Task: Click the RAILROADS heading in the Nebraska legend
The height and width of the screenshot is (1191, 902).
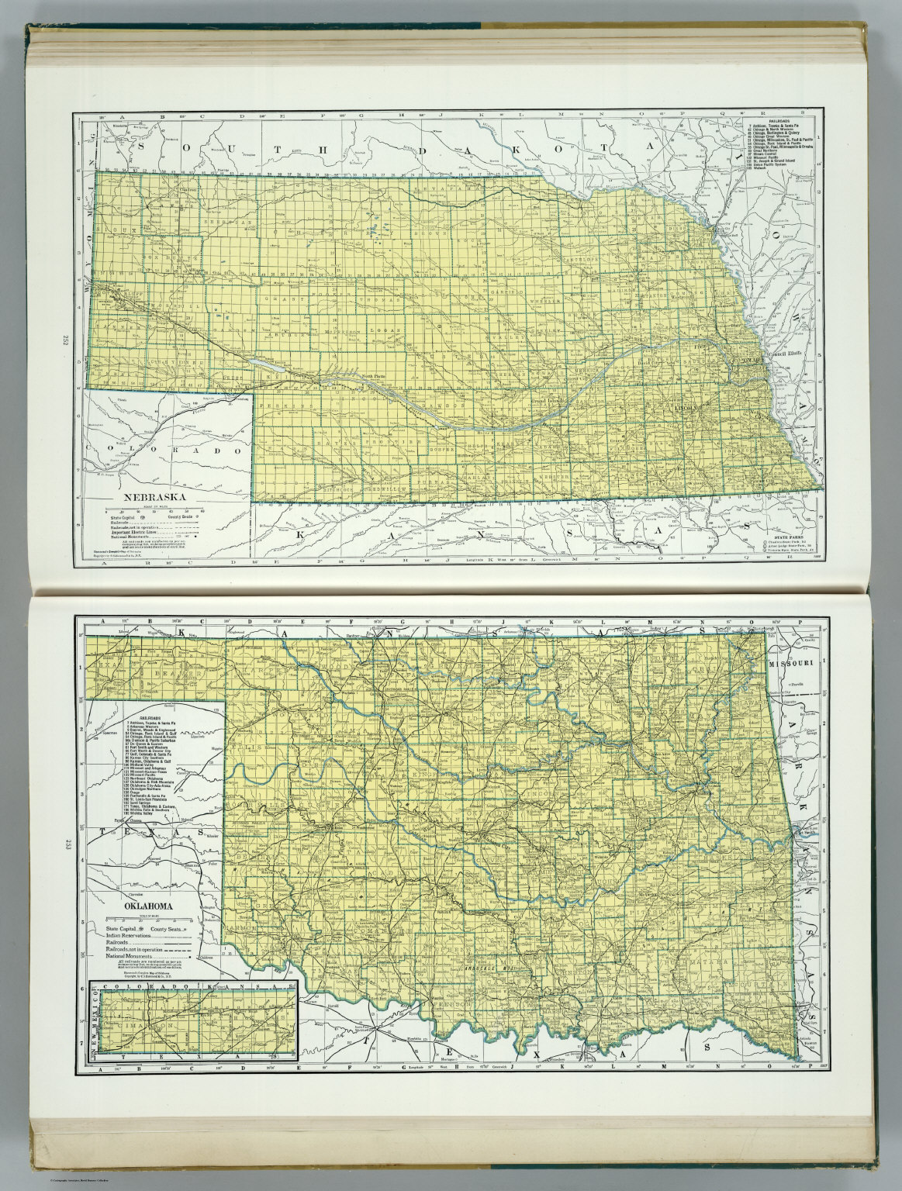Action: tap(779, 123)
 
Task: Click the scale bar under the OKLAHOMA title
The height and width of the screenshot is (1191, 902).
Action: tap(145, 917)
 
